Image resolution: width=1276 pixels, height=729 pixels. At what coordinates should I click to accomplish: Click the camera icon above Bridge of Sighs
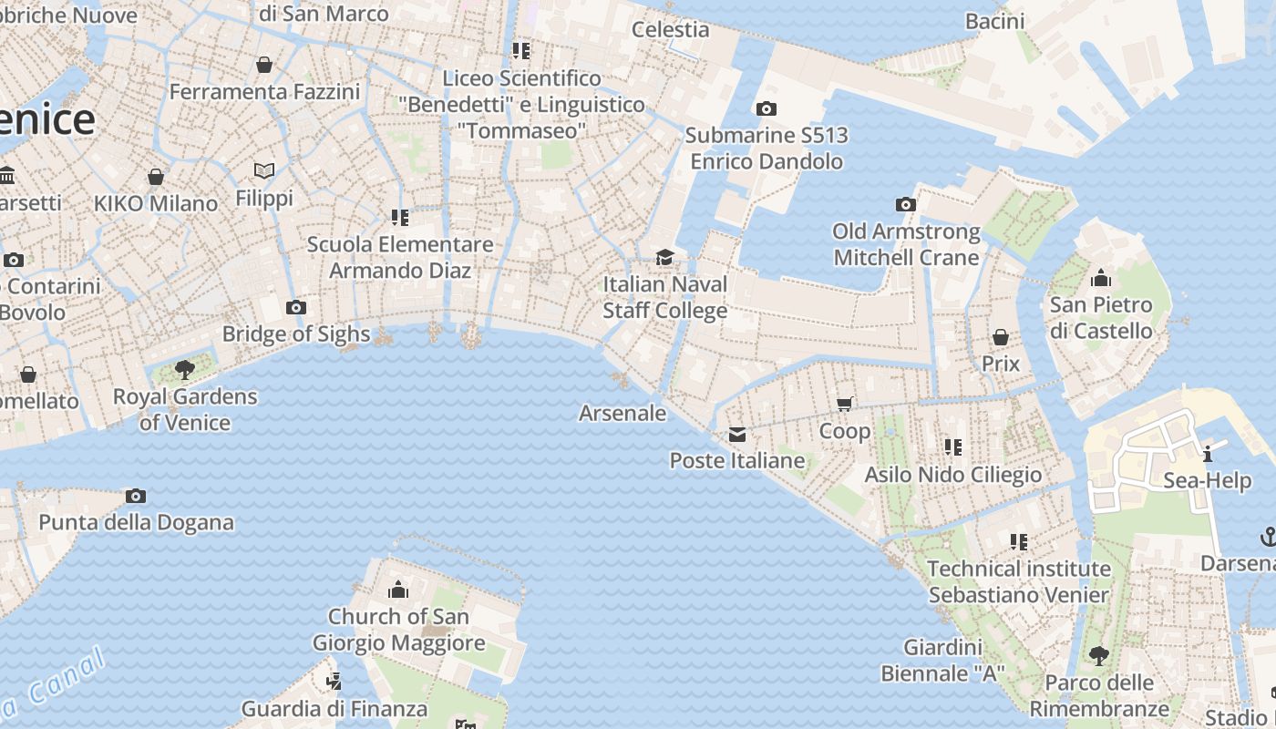(x=295, y=307)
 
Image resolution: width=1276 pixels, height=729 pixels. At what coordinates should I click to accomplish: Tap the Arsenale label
(x=623, y=413)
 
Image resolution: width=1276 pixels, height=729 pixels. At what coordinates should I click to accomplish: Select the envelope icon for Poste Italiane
(x=736, y=435)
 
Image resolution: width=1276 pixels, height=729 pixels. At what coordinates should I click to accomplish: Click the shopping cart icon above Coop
(x=845, y=404)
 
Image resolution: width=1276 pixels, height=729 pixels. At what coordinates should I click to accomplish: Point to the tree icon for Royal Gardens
(x=185, y=370)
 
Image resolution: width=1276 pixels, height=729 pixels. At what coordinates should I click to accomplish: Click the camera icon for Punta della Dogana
(x=136, y=496)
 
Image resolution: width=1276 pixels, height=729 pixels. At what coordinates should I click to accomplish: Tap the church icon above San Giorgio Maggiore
(x=398, y=590)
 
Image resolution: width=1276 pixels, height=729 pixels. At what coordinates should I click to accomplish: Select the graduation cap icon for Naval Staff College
(x=664, y=257)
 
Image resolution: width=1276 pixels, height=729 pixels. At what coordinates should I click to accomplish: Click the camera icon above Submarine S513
(x=767, y=109)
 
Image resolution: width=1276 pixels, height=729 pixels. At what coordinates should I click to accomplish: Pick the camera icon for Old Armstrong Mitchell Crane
(x=905, y=204)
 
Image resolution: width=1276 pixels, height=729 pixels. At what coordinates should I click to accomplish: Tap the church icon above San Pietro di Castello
(x=1101, y=277)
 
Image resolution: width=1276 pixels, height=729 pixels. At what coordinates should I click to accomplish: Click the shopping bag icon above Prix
(x=1000, y=337)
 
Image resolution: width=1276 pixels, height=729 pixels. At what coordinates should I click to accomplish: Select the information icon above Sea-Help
(x=1208, y=453)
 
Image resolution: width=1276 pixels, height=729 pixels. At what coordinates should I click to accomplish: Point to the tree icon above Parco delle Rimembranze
(x=1099, y=655)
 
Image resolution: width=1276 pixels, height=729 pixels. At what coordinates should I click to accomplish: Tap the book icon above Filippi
(x=264, y=170)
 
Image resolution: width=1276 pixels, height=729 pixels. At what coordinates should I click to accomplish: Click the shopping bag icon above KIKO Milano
(x=156, y=176)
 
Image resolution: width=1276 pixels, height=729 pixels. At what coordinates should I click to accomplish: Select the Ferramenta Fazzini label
(x=264, y=92)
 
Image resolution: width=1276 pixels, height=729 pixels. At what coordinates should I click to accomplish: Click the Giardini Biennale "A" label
(x=942, y=661)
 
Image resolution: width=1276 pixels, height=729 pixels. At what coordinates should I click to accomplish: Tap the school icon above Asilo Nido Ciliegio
(x=952, y=447)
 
